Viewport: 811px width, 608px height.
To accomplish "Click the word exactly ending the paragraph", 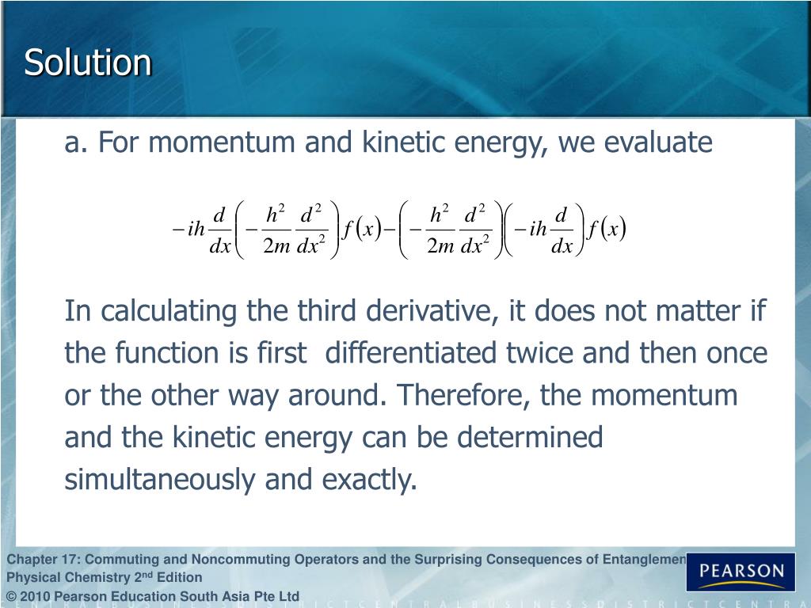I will click(370, 480).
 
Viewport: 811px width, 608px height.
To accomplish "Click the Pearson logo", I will click(741, 571).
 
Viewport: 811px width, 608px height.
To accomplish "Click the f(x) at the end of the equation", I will click(606, 230).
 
